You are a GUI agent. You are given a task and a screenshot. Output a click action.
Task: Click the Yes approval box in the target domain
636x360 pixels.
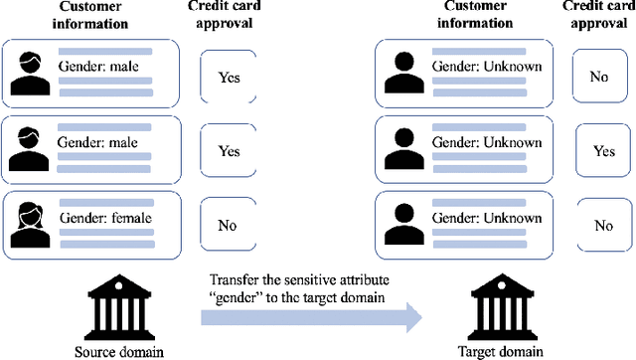coord(603,151)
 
